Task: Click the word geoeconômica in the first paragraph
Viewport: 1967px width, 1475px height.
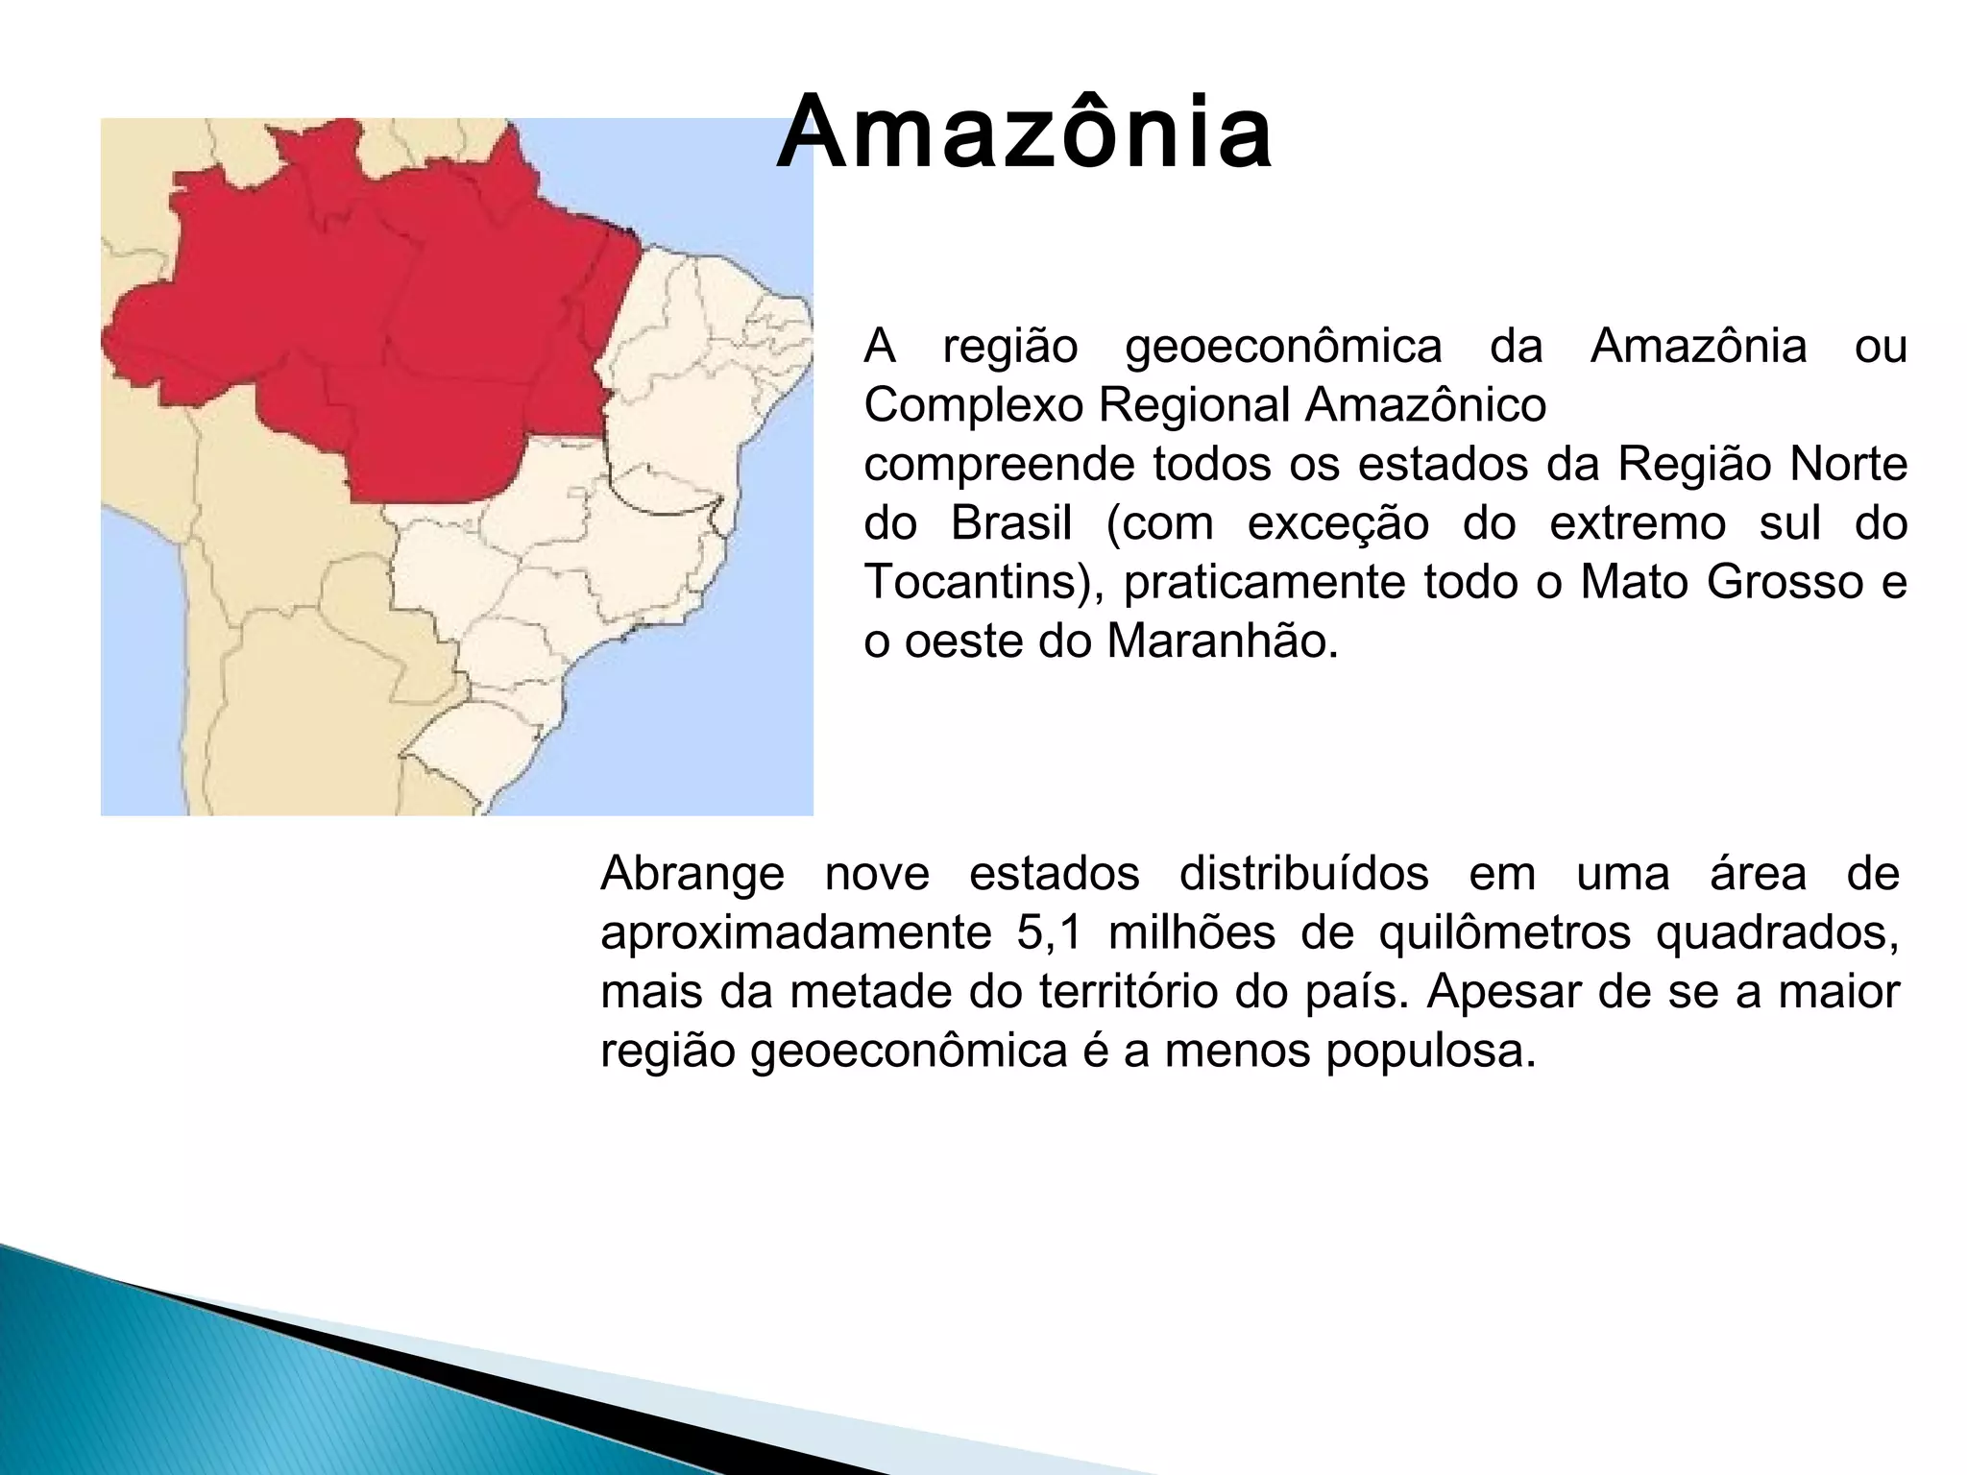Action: pos(1283,347)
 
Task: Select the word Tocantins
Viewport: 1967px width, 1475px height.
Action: pos(975,583)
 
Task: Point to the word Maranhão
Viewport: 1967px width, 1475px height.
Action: pos(1222,641)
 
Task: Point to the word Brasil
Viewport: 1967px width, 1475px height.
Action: pos(1011,524)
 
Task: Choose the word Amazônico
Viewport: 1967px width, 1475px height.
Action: pos(1425,406)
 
